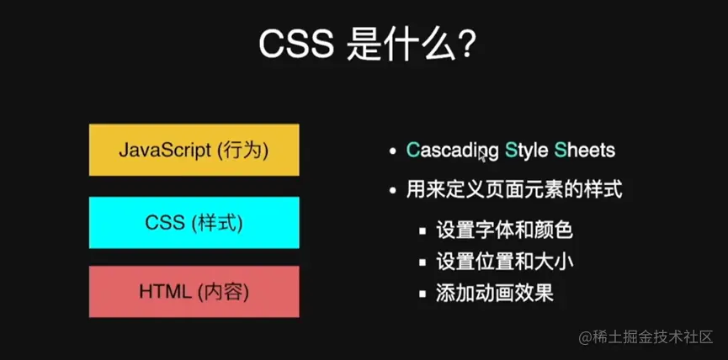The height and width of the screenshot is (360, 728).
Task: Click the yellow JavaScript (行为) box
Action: click(194, 150)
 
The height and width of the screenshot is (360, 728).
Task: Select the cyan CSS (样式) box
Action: click(194, 223)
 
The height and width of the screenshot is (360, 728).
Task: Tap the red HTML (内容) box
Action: click(194, 292)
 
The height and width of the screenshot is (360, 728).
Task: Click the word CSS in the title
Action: click(296, 45)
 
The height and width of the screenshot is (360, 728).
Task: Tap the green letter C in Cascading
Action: click(412, 151)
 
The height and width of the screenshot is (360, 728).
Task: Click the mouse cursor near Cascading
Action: click(483, 156)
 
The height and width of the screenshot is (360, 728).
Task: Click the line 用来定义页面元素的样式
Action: click(514, 190)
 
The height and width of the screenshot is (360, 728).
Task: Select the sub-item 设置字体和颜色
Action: click(504, 230)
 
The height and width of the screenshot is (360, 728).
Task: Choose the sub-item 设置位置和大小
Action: click(505, 262)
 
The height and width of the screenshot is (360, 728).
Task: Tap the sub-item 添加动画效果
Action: click(495, 294)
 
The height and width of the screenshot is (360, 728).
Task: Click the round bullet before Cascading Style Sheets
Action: click(394, 151)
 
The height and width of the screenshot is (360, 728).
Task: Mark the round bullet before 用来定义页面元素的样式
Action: click(394, 191)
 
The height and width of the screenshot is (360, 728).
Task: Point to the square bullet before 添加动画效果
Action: click(422, 294)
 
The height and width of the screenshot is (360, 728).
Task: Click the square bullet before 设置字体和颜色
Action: click(422, 231)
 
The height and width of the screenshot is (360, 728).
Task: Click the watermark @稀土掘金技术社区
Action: click(646, 337)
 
